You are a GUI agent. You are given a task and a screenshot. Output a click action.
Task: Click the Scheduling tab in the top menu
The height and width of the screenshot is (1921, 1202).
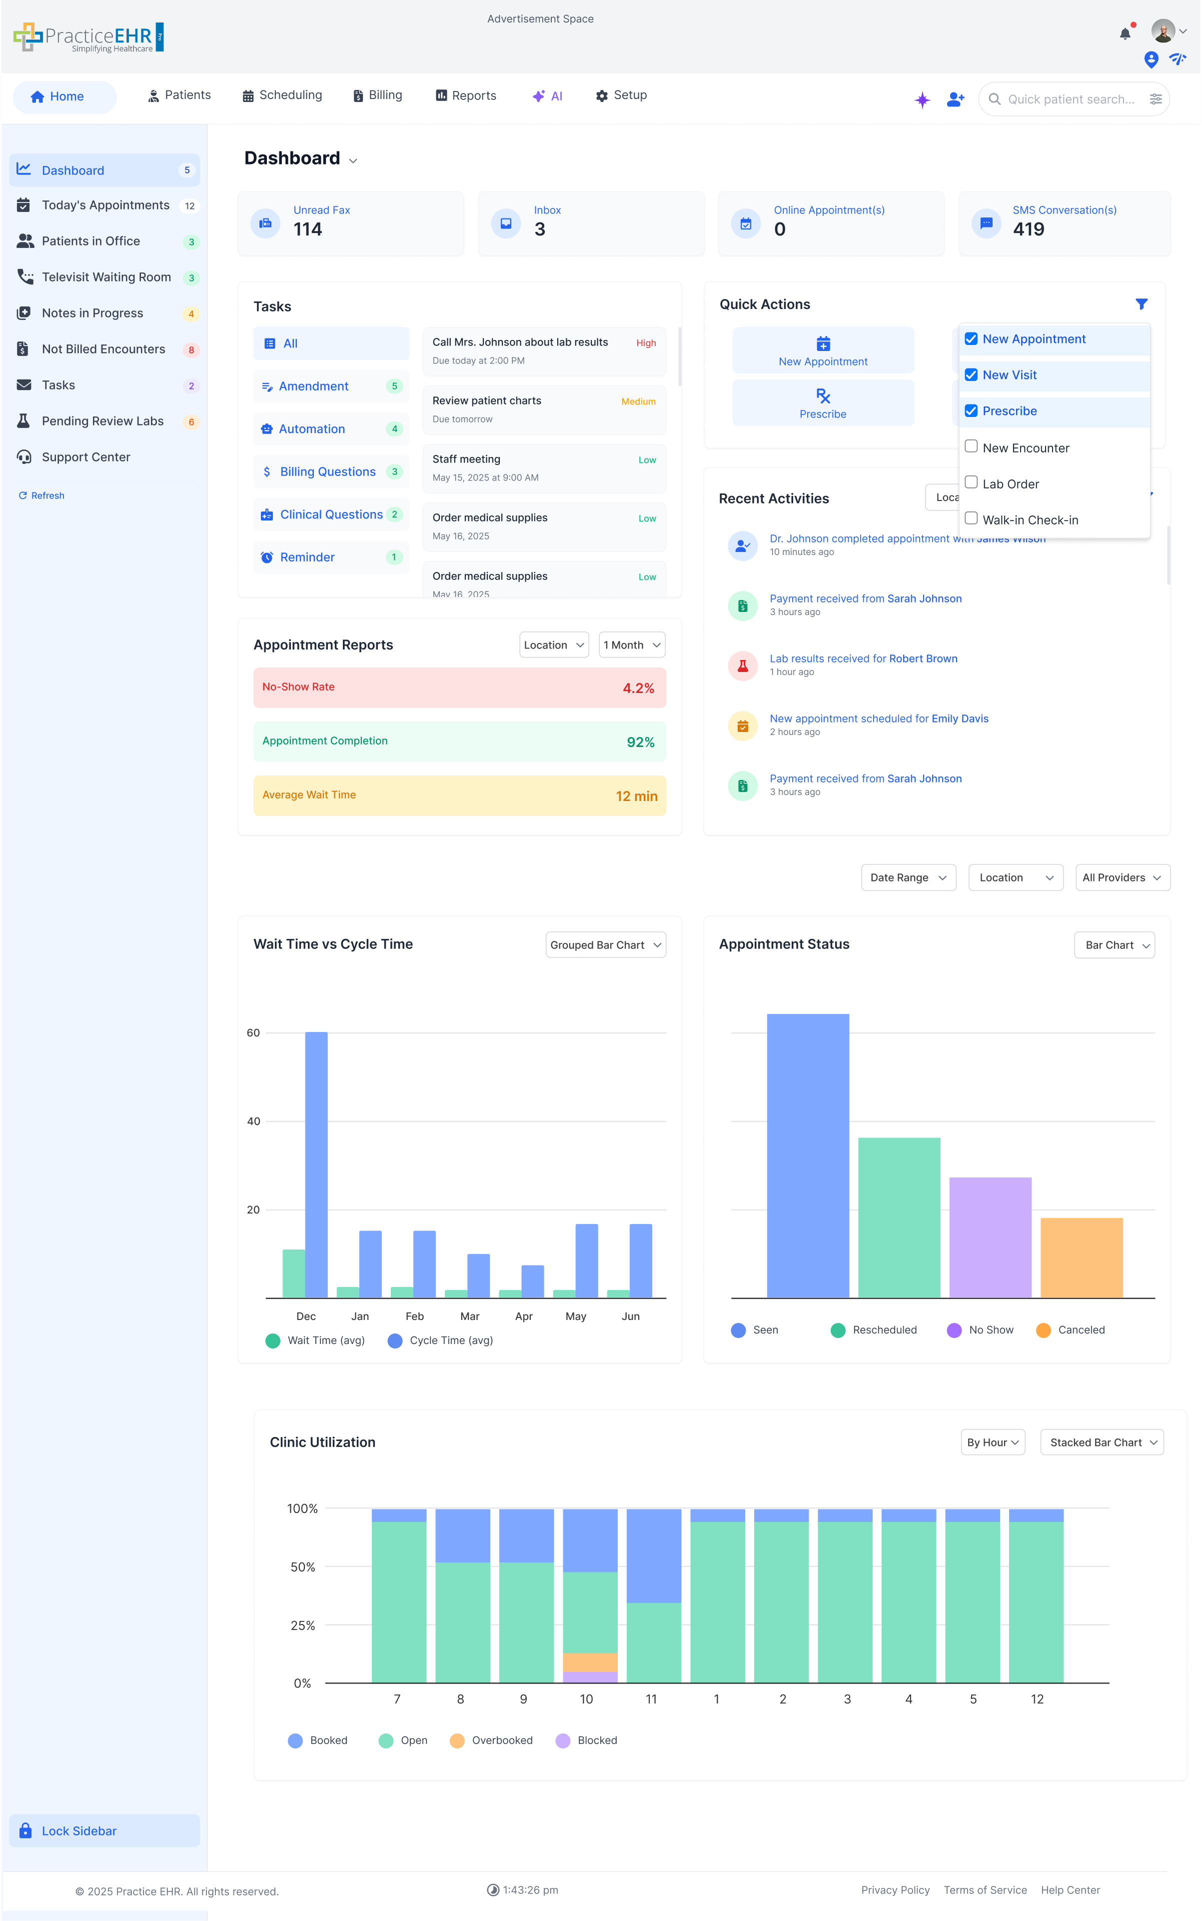[x=282, y=95]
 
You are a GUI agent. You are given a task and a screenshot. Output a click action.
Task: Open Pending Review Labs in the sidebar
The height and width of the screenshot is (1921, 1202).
[x=102, y=421]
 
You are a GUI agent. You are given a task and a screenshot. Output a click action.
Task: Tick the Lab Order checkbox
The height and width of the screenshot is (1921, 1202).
[x=971, y=482]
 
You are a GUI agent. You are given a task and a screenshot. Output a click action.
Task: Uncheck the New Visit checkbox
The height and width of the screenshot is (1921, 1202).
[x=971, y=374]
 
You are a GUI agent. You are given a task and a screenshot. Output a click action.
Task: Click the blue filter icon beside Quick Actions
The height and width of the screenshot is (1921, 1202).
[x=1141, y=303]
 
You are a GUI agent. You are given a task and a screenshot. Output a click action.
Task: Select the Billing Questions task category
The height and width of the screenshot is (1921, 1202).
[x=327, y=471]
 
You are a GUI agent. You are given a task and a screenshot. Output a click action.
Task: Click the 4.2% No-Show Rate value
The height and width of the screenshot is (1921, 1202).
[x=638, y=688]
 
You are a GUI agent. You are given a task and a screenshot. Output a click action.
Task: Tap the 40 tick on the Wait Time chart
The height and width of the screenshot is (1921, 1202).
[x=253, y=1121]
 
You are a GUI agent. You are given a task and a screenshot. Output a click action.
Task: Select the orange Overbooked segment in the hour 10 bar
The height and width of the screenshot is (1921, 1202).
[x=590, y=1662]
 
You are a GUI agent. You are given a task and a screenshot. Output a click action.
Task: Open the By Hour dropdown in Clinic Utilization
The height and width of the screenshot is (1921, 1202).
[x=992, y=1442]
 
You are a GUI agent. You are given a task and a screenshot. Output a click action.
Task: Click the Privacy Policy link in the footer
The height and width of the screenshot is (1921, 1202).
[x=895, y=1890]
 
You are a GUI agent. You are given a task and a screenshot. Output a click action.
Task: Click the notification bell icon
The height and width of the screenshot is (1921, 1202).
[x=1125, y=33]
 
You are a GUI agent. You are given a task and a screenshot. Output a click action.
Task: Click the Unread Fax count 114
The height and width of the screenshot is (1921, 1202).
[x=308, y=230]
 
